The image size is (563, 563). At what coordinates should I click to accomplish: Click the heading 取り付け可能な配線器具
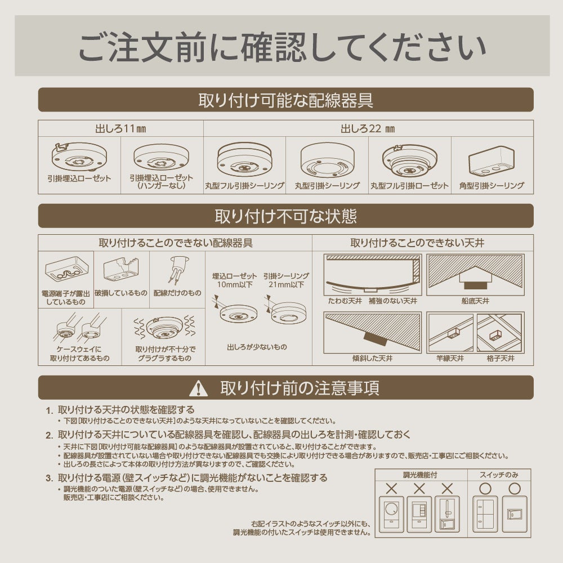285,100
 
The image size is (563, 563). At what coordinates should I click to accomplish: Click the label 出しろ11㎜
120,128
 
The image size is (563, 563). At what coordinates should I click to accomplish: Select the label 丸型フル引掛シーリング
244,185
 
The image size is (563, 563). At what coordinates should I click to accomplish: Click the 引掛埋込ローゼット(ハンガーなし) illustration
162,157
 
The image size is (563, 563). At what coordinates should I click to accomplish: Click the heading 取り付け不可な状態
285,216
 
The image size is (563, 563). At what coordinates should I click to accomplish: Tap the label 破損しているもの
121,293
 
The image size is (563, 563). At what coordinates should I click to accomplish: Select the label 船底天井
475,301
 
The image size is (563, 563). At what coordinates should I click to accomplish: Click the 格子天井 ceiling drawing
500,333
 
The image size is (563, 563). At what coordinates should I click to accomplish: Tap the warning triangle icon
198,388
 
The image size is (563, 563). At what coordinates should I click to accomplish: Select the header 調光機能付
421,475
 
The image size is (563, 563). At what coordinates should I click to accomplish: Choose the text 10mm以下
226,285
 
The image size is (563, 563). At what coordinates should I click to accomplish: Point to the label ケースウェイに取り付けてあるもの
79,354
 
